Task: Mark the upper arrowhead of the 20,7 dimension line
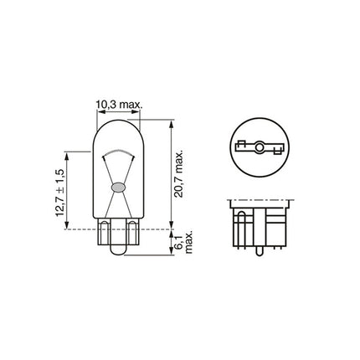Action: click(171, 122)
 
